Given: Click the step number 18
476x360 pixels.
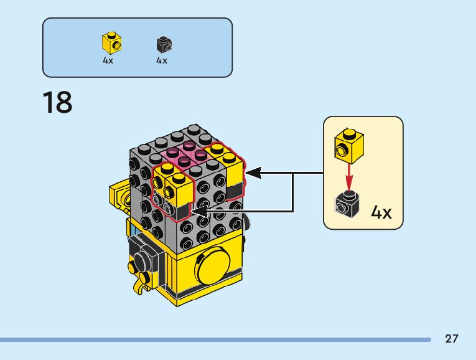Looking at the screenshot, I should [57, 103].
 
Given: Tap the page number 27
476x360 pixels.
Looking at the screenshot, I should [452, 339].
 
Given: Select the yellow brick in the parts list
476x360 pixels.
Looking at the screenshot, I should [111, 44].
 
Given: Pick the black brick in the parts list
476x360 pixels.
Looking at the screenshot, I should [164, 44].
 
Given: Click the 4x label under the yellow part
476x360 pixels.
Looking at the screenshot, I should [108, 61].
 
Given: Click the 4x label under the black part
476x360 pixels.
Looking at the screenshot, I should [162, 61].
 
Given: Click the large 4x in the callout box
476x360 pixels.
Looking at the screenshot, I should [381, 212].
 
